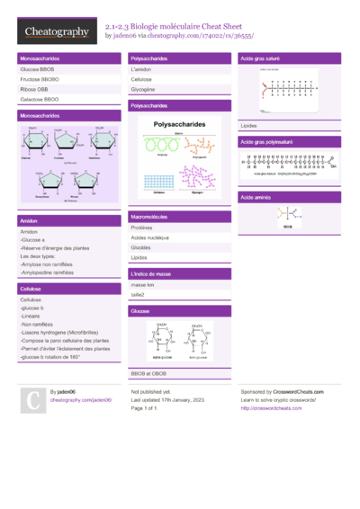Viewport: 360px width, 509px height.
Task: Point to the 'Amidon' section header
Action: click(x=68, y=220)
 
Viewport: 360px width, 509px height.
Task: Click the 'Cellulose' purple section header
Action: click(x=68, y=290)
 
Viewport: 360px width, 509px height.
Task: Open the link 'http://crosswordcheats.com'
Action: click(x=271, y=408)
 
